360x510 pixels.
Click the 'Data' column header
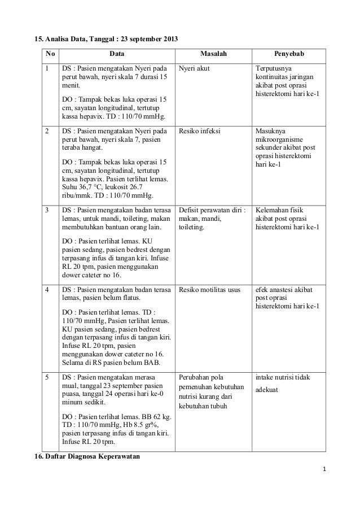pyautogui.click(x=117, y=55)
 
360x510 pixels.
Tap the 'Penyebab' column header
pyautogui.click(x=289, y=55)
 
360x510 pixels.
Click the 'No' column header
pyautogui.click(x=50, y=55)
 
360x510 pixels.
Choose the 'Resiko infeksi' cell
pyautogui.click(x=200, y=131)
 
